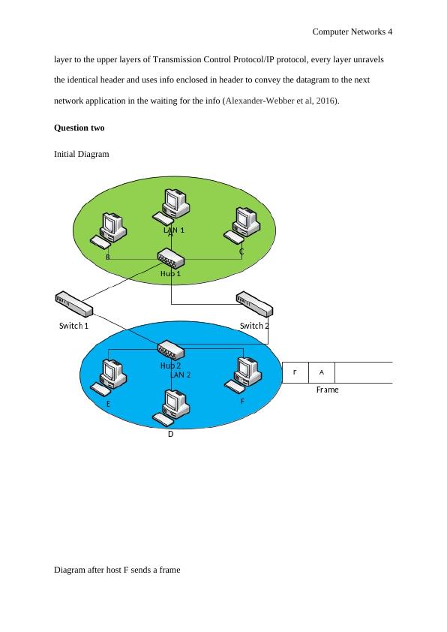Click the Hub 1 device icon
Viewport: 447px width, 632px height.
tap(171, 258)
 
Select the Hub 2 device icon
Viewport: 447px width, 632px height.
tap(171, 349)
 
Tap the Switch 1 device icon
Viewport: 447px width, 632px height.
tap(73, 304)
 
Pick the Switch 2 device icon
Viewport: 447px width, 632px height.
tap(254, 304)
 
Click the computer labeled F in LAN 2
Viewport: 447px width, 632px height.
tap(242, 374)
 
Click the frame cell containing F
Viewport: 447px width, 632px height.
tap(295, 372)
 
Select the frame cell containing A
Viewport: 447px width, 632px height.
tap(322, 372)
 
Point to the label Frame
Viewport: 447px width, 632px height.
tap(327, 390)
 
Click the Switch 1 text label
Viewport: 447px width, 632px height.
tap(74, 326)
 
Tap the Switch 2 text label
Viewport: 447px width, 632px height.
tap(254, 326)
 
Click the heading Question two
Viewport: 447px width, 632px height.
tap(79, 128)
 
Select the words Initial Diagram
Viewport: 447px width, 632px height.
tap(82, 154)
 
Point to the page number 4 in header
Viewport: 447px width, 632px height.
tap(390, 32)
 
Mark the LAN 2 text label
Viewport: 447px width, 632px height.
tap(181, 374)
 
